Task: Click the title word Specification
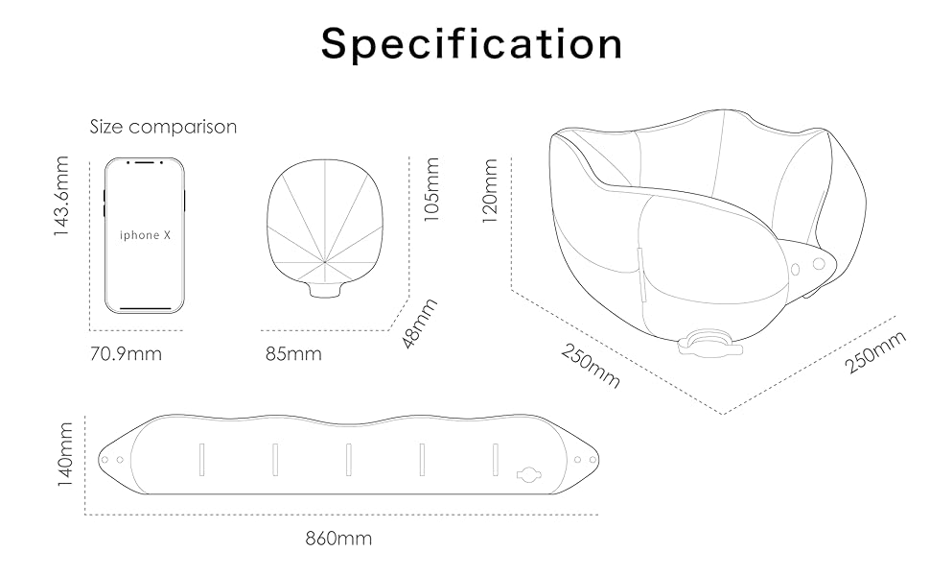tap(472, 44)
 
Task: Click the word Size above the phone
tap(107, 127)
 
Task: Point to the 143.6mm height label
tap(64, 197)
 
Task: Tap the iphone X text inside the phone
tap(139, 235)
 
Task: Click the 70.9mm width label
tap(126, 353)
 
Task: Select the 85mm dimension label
tap(293, 353)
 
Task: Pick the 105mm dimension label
tap(432, 189)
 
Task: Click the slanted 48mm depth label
tap(419, 323)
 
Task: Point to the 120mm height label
tap(490, 192)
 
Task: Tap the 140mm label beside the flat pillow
tap(65, 454)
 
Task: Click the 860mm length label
tap(338, 539)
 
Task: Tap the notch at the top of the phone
tap(145, 162)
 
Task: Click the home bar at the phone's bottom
tap(145, 308)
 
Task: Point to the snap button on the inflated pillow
tap(818, 263)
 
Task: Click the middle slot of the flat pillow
tap(348, 458)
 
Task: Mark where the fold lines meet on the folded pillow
tap(325, 261)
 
